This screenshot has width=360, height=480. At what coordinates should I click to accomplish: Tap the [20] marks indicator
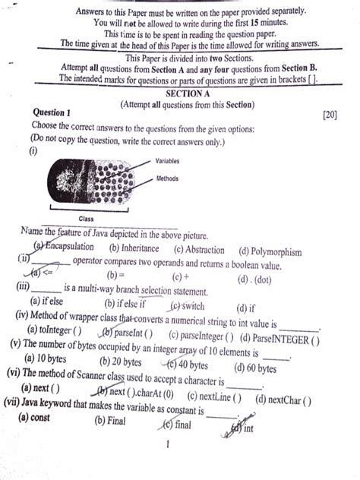[x=330, y=115]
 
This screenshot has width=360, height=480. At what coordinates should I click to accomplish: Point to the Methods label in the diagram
[x=168, y=179]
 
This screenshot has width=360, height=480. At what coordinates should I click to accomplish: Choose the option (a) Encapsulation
[x=65, y=247]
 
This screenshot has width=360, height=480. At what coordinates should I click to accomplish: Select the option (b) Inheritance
[x=134, y=248]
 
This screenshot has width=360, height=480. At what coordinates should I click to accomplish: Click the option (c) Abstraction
[x=199, y=250]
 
